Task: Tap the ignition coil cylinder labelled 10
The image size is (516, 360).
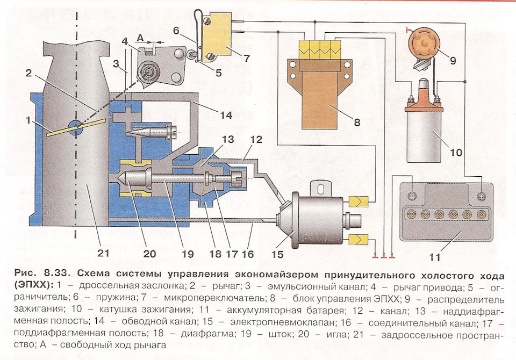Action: [x=424, y=134]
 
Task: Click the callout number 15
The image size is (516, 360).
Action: [x=277, y=254]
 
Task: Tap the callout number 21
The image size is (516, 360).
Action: [x=103, y=254]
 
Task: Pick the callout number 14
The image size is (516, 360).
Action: [x=226, y=115]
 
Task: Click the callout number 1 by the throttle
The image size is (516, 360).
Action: [x=28, y=121]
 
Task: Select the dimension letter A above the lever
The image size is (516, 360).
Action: [x=140, y=38]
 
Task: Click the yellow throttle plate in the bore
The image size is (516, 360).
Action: [x=76, y=127]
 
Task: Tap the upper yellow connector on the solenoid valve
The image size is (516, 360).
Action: [x=358, y=201]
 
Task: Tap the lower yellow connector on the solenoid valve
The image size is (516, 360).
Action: [x=358, y=239]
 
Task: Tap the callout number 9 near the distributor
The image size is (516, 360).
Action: [x=453, y=60]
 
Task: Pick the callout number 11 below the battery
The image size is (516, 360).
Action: [x=434, y=257]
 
